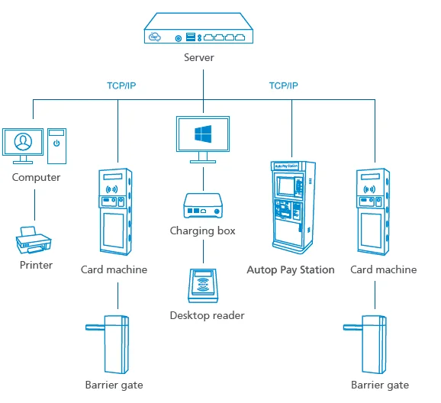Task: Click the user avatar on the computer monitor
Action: pyautogui.click(x=23, y=142)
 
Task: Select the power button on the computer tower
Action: pyautogui.click(x=56, y=142)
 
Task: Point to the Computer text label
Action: pyautogui.click(x=36, y=178)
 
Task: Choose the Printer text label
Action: pyautogui.click(x=36, y=265)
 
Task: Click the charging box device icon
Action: pyautogui.click(x=203, y=207)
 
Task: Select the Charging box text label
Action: pyautogui.click(x=203, y=231)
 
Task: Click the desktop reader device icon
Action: pyautogui.click(x=203, y=287)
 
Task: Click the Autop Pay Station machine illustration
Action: pyautogui.click(x=291, y=206)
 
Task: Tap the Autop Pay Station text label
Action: pyautogui.click(x=291, y=269)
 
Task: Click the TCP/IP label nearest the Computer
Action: pyautogui.click(x=122, y=85)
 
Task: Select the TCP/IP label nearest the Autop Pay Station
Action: pyautogui.click(x=284, y=85)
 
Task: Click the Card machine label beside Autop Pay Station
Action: pyautogui.click(x=383, y=269)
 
